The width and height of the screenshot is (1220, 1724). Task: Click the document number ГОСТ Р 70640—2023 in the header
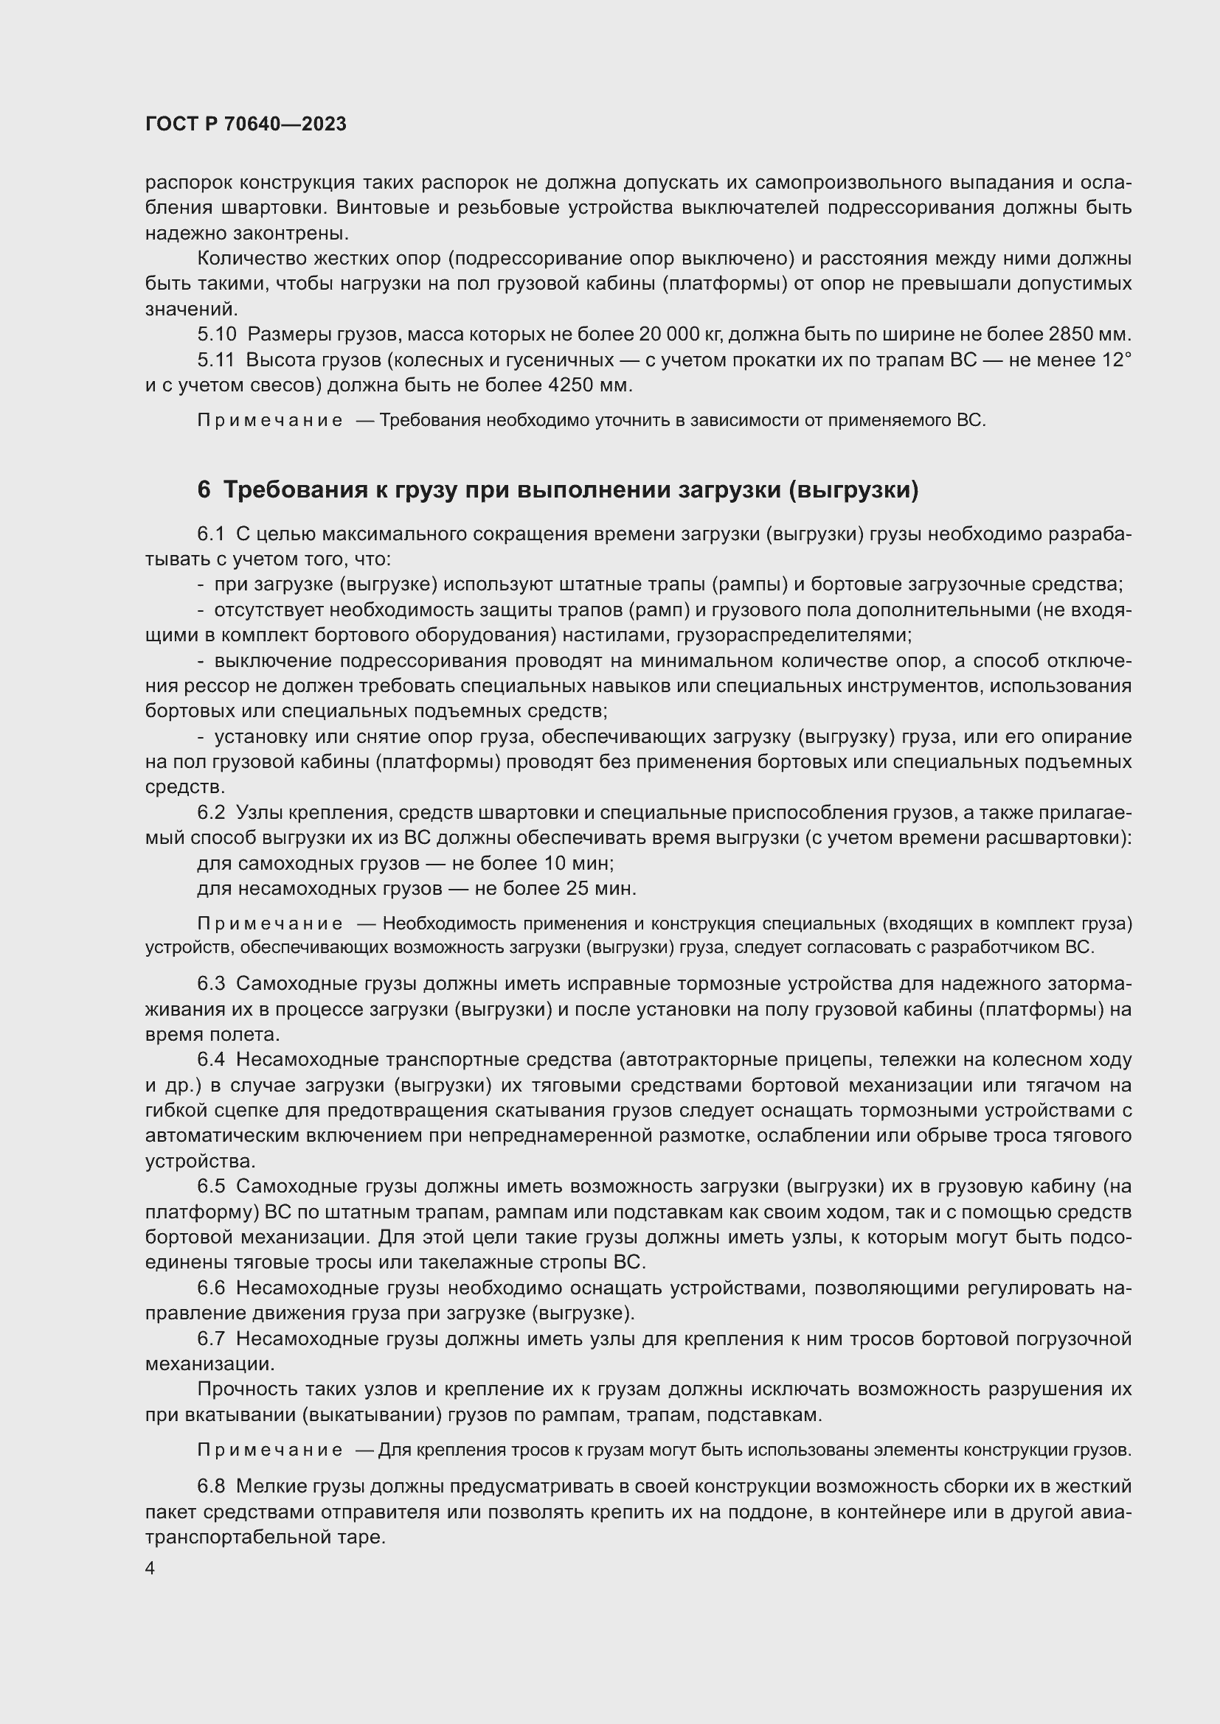(x=246, y=124)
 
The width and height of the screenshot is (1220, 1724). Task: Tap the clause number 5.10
(x=216, y=334)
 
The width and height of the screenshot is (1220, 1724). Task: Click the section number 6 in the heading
(x=204, y=490)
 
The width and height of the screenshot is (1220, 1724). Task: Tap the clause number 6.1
(x=211, y=534)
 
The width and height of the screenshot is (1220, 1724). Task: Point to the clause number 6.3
(x=211, y=984)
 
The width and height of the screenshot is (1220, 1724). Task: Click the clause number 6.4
(x=211, y=1059)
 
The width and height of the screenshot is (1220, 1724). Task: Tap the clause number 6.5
(x=211, y=1187)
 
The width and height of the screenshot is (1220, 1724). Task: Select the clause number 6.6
(x=211, y=1288)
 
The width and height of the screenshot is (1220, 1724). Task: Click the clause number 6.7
(x=211, y=1339)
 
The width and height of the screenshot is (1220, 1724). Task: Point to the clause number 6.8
(x=211, y=1487)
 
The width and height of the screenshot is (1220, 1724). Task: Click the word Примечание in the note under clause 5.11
(x=270, y=420)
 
